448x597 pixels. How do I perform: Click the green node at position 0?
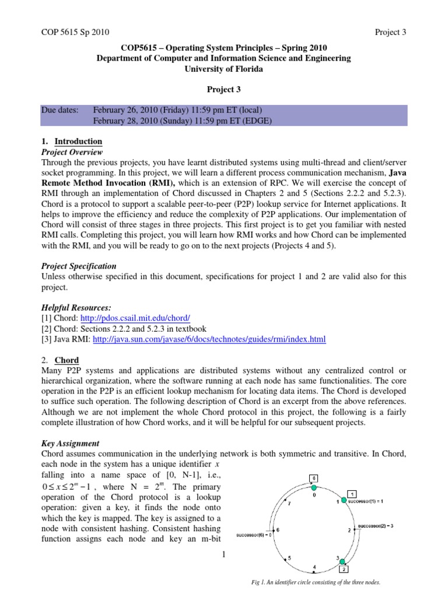[x=314, y=488]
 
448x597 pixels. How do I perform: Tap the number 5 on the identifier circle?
[x=288, y=558]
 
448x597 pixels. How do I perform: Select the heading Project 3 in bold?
[x=224, y=90]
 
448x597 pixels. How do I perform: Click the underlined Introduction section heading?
[x=78, y=141]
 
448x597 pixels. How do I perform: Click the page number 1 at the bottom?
[x=223, y=554]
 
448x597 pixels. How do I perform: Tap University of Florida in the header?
[x=224, y=69]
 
